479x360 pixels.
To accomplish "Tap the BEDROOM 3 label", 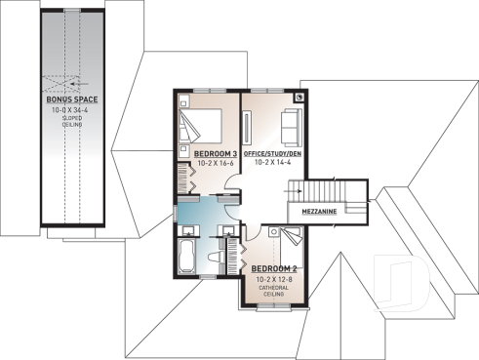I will [215, 154].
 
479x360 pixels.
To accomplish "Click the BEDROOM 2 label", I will [272, 268].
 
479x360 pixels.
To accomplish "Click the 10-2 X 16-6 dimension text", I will [215, 164].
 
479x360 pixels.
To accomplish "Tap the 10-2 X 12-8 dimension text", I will [272, 278].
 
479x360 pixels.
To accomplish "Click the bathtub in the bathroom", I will [187, 256].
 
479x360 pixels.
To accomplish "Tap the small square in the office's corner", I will [299, 99].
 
